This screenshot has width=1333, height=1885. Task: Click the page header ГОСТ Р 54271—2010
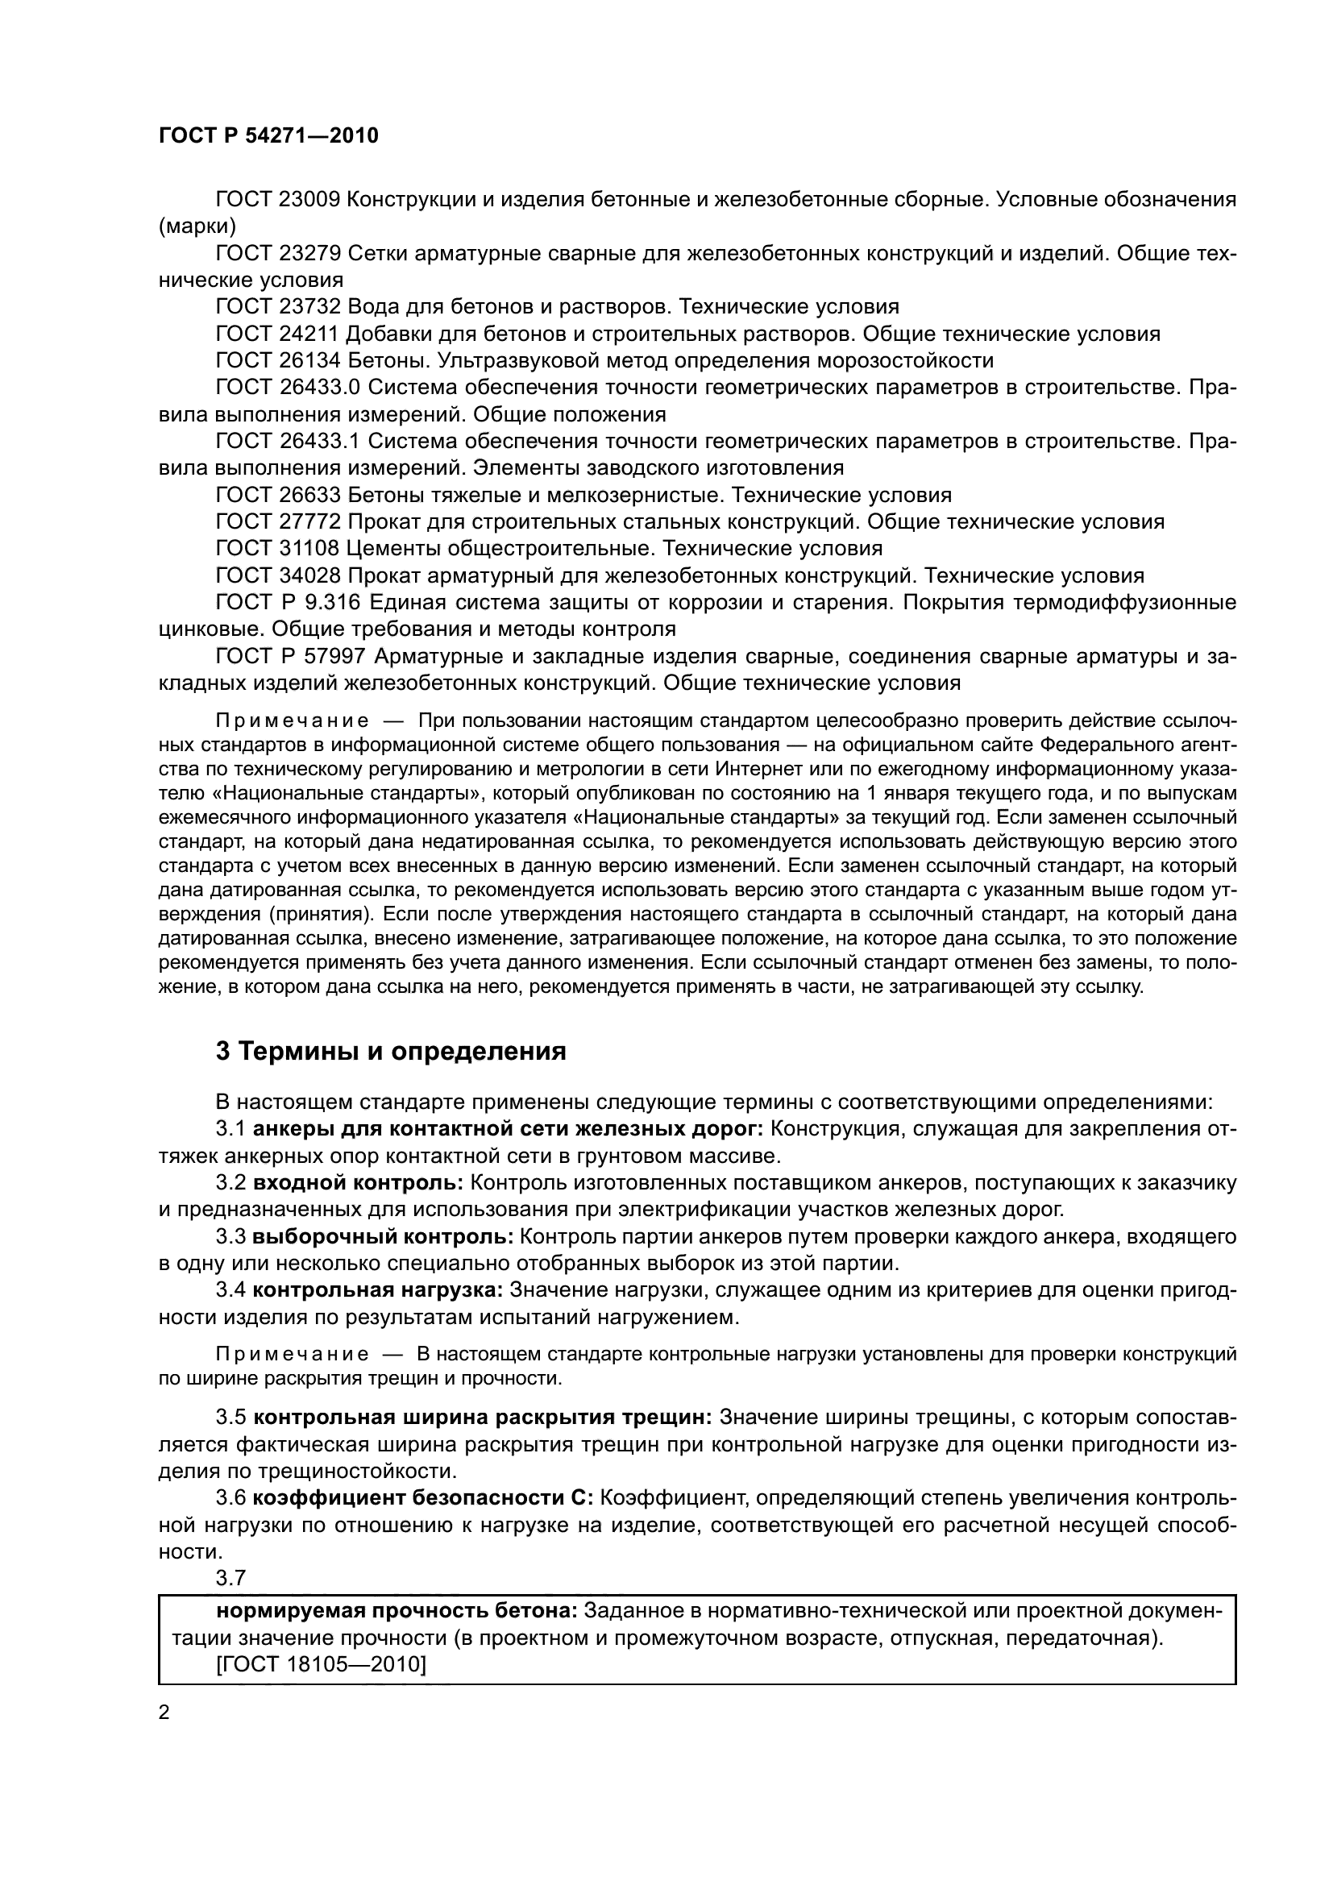pyautogui.click(x=268, y=136)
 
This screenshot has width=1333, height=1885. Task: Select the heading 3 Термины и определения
pyautogui.click(x=391, y=1052)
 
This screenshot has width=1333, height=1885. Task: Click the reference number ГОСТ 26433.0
pyautogui.click(x=288, y=388)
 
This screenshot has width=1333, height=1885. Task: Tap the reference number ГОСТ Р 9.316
pyautogui.click(x=288, y=603)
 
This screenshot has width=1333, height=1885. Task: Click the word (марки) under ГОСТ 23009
pyautogui.click(x=197, y=226)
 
